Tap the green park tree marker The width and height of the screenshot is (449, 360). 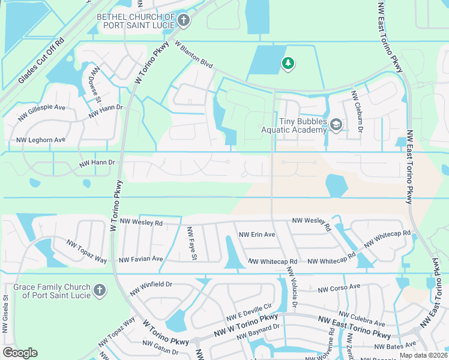[x=288, y=63]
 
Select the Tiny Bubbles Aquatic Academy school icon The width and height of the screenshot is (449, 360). [x=336, y=125]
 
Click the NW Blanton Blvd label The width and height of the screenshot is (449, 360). [x=194, y=54]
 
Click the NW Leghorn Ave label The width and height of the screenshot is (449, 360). [x=41, y=140]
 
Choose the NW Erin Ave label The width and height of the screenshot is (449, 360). [x=257, y=235]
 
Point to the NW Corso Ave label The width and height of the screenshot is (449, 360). [x=339, y=289]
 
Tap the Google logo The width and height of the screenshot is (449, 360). [x=20, y=352]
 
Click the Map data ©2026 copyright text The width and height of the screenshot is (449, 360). [x=423, y=355]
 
